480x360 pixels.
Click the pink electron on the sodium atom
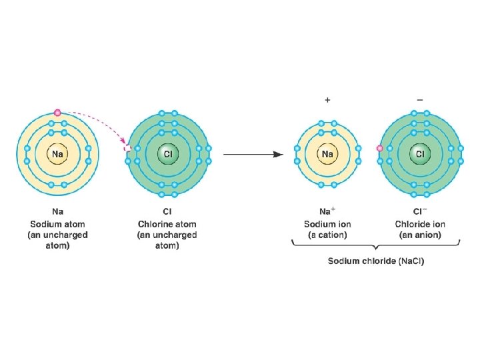click(x=57, y=113)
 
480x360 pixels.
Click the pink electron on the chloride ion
click(x=379, y=148)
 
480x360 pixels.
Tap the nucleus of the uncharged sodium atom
click(x=57, y=155)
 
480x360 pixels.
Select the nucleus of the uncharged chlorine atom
click(x=168, y=155)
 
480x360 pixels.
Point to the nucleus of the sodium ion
click(x=327, y=155)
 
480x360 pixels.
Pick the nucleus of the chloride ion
click(x=420, y=155)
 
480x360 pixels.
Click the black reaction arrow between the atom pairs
click(x=253, y=155)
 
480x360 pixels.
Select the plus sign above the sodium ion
click(x=327, y=100)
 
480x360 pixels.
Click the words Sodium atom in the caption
click(x=57, y=224)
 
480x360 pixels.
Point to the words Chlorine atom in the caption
click(x=167, y=224)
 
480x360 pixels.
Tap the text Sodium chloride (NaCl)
click(x=375, y=261)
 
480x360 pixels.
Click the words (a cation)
click(x=327, y=235)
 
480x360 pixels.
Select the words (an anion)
click(x=420, y=235)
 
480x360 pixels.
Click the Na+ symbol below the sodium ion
click(x=327, y=213)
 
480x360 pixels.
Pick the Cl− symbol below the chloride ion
click(x=420, y=213)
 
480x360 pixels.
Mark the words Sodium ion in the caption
click(x=327, y=224)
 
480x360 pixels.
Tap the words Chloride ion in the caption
click(x=420, y=224)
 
